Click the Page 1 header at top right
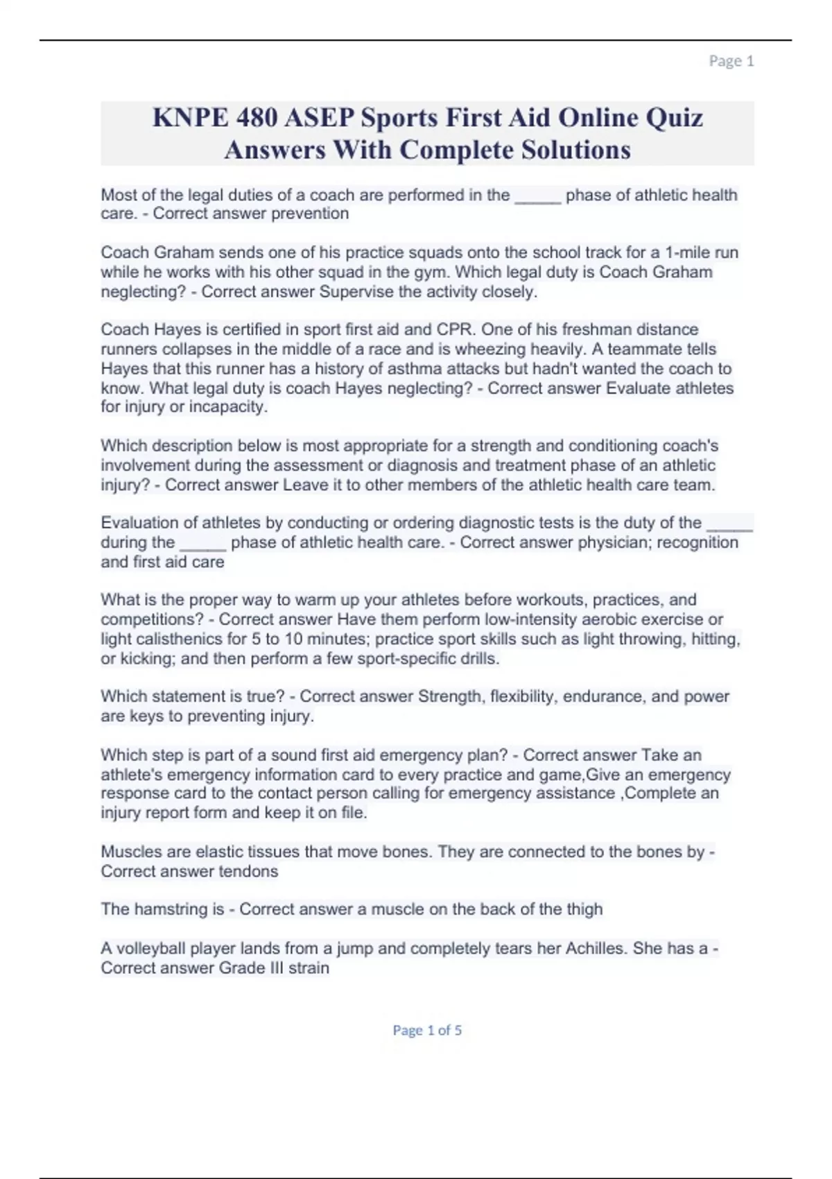(x=731, y=61)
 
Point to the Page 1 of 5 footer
(x=427, y=1030)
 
